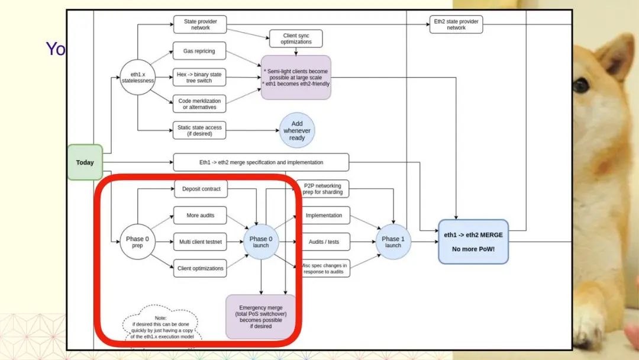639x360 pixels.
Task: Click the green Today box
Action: pos(85,162)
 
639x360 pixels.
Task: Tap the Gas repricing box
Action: pos(199,52)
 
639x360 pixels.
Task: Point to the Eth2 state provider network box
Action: pos(456,24)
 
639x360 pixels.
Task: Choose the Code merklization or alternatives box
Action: pos(199,104)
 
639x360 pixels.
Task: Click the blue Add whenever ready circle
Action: pos(297,131)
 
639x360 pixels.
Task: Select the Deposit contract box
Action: pos(201,189)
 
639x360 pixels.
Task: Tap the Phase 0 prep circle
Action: pos(138,242)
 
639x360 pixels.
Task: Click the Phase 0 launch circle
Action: pos(261,242)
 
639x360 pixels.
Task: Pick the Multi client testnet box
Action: pos(200,242)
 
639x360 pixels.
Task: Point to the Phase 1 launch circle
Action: pos(393,242)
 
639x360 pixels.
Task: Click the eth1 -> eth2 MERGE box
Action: pos(473,242)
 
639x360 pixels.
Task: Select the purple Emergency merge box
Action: pos(261,317)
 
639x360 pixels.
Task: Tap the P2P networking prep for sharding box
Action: pos(322,189)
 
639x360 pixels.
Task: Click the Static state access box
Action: pos(199,130)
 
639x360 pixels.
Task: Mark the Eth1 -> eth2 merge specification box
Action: pos(261,162)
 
